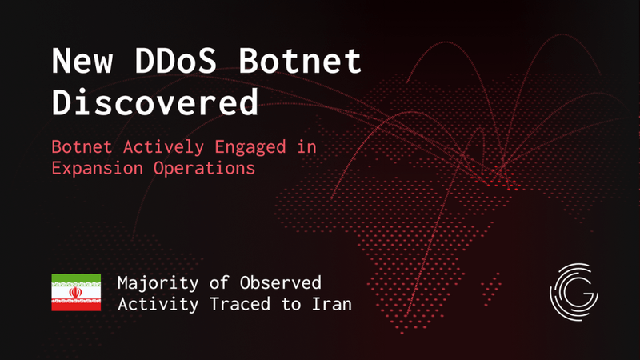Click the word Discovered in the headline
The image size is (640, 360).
(x=155, y=102)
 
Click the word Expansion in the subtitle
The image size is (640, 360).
(x=90, y=169)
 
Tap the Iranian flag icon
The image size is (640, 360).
(x=76, y=293)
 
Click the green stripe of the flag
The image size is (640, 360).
(x=76, y=279)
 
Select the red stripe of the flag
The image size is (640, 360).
(x=76, y=306)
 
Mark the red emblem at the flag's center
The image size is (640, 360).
(x=76, y=293)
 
